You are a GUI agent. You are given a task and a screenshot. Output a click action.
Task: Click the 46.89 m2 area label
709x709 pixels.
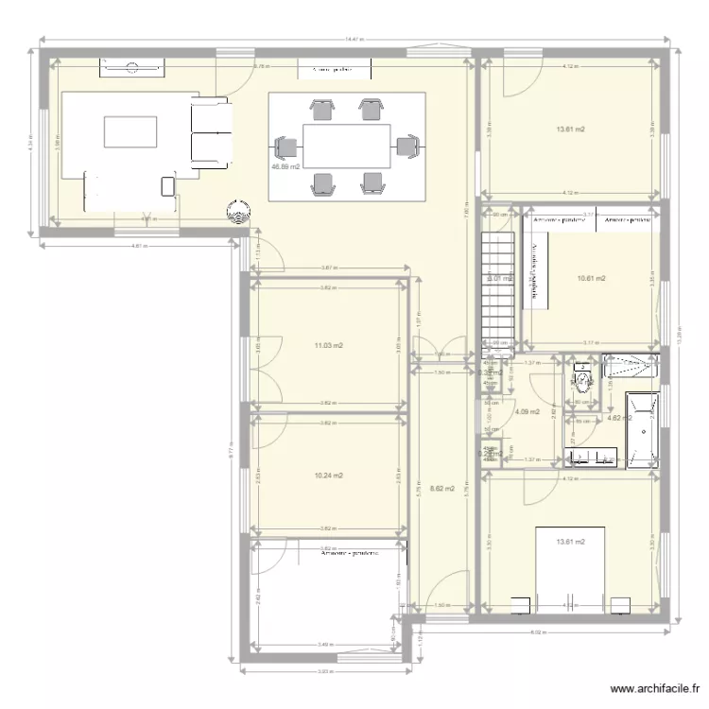[x=285, y=167]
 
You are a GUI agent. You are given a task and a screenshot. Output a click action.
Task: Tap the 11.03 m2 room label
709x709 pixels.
[x=328, y=346]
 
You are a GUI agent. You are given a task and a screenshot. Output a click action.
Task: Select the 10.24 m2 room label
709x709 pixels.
[x=328, y=476]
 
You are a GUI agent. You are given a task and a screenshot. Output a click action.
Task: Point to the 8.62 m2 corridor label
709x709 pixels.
[x=441, y=489]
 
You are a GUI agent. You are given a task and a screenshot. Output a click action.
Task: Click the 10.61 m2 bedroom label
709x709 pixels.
[x=591, y=279]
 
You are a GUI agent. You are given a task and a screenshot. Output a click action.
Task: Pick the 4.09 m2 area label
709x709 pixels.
[x=527, y=411]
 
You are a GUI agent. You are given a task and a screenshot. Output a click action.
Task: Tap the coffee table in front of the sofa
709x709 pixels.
[x=130, y=132]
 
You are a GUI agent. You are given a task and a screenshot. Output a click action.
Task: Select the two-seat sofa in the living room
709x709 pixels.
[x=211, y=132]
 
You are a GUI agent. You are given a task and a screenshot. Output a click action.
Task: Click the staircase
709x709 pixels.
[x=497, y=288]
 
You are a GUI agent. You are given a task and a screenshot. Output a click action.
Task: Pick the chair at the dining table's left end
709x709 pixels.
[x=285, y=148]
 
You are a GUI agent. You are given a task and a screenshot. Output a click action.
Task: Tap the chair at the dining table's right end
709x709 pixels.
[x=407, y=147]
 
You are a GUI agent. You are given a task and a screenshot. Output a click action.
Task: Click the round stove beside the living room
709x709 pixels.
[x=236, y=213]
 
